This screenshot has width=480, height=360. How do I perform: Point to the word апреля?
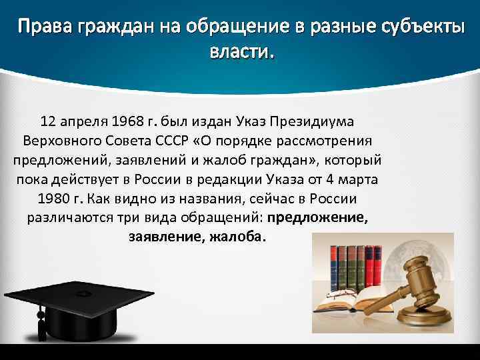coord(85,122)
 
